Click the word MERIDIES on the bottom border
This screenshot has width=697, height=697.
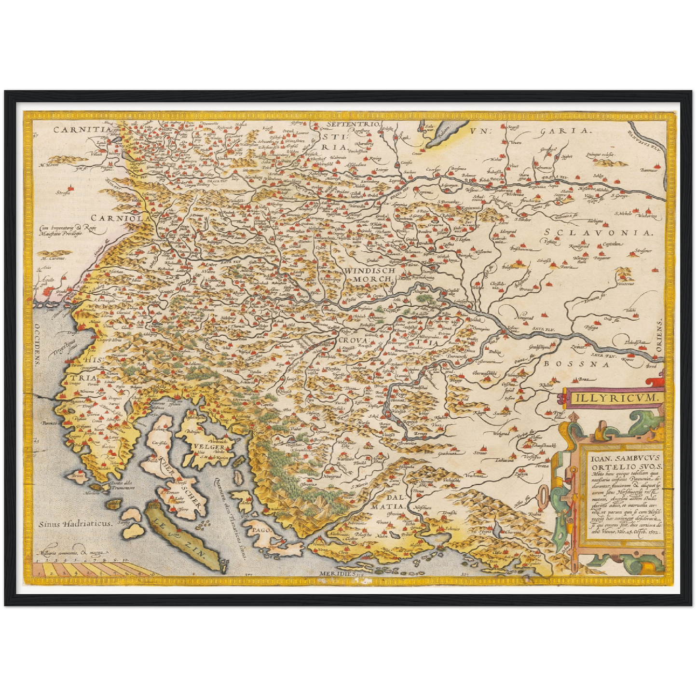[x=336, y=574]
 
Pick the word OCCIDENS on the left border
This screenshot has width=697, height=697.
[x=37, y=345]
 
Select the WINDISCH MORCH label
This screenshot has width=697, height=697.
[x=370, y=275]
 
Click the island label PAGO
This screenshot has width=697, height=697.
[x=261, y=529]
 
